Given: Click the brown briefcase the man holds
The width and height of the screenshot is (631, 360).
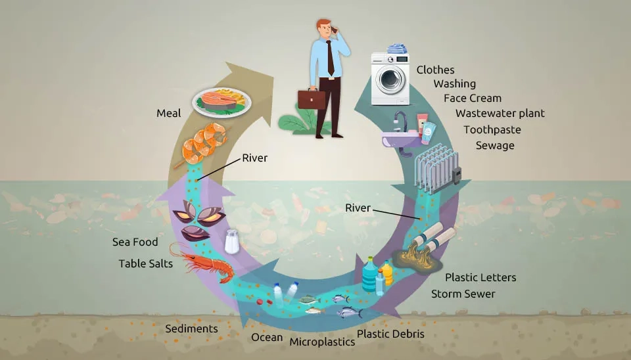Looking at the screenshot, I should (311, 99).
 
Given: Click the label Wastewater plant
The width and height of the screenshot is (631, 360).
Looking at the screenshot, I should (500, 113).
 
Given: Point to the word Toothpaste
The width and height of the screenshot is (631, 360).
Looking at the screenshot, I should (492, 129).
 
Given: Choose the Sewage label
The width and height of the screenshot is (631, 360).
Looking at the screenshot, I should (495, 145).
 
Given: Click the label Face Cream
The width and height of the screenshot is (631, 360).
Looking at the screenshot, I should (472, 98).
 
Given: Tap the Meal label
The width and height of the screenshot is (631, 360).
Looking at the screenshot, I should (168, 114).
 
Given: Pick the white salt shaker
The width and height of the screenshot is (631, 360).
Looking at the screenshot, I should (232, 242).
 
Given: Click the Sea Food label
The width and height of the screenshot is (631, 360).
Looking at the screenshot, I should (135, 242).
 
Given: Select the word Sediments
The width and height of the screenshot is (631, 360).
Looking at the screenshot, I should (191, 328).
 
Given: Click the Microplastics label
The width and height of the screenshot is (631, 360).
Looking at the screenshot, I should (322, 341).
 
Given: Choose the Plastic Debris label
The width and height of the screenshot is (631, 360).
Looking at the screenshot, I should (390, 334).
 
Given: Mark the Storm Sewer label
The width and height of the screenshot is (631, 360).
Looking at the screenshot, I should (463, 294).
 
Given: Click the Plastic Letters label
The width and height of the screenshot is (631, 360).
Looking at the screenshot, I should (480, 277).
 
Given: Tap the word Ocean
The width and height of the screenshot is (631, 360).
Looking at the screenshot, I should (267, 338).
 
